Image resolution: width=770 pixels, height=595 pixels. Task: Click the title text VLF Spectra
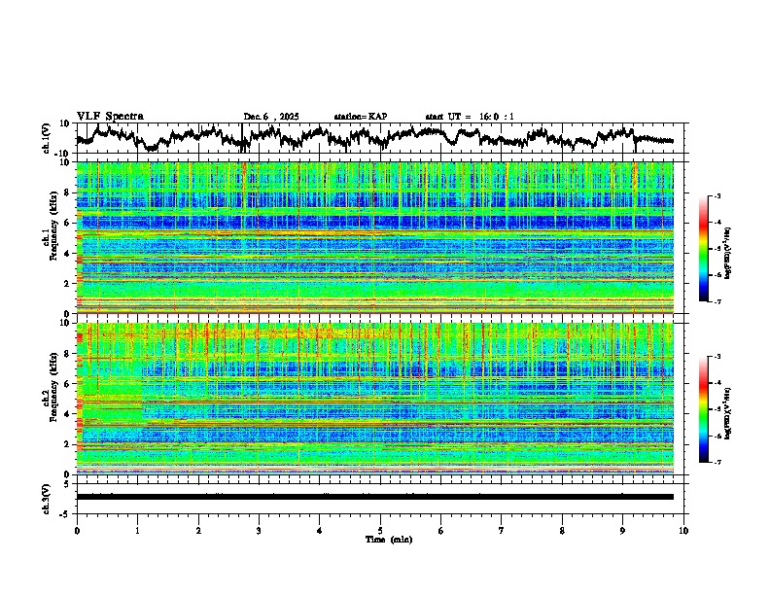[x=110, y=116]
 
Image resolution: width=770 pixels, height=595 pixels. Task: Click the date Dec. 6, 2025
[x=271, y=117]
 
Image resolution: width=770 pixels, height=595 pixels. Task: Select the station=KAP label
[x=360, y=117]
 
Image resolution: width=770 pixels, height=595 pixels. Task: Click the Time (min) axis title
[x=380, y=539]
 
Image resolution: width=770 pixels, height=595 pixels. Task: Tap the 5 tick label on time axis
[x=380, y=530]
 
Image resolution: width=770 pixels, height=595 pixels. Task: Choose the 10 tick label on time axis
[x=683, y=530]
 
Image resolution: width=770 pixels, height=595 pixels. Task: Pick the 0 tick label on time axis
[x=77, y=530]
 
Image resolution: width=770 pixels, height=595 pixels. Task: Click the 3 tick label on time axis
[x=259, y=530]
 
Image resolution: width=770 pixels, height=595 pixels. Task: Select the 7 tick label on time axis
[x=502, y=530]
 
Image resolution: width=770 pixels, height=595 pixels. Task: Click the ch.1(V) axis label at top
[x=47, y=138]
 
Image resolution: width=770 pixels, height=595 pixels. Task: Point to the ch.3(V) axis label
[x=47, y=496]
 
